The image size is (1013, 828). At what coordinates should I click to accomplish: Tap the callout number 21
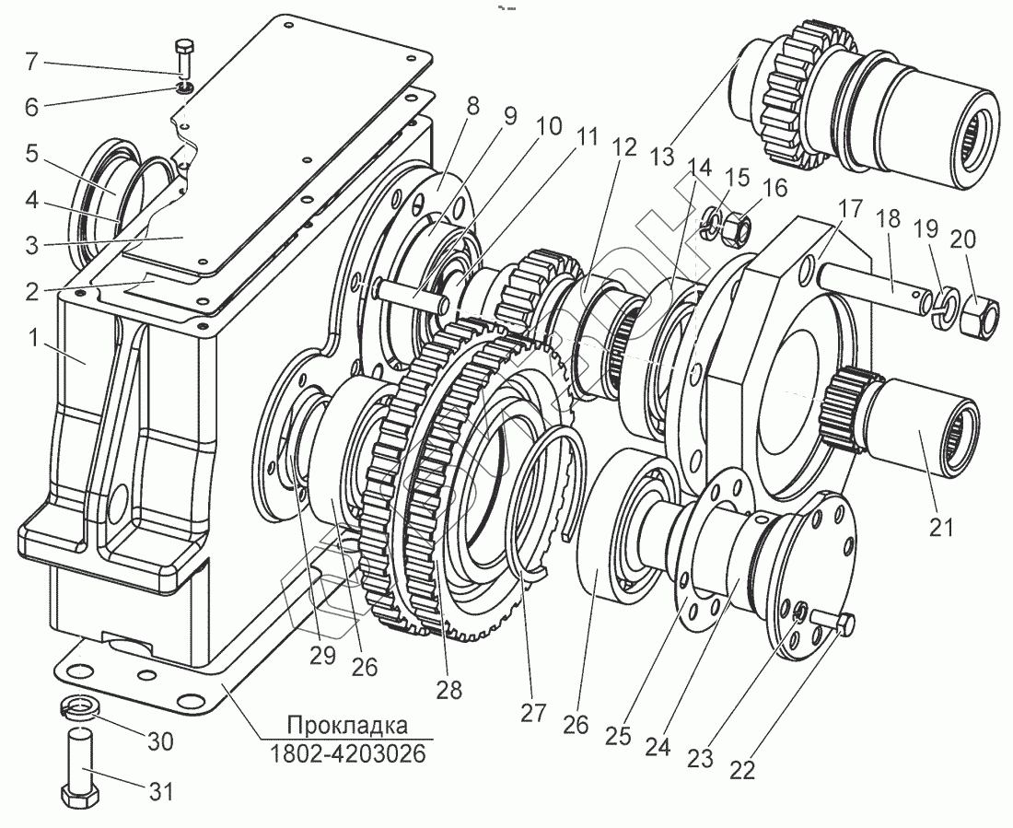939,527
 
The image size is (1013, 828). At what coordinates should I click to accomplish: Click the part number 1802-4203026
347,754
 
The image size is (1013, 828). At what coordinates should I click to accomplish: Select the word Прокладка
347,723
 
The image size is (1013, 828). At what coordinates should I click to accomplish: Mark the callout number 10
548,126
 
